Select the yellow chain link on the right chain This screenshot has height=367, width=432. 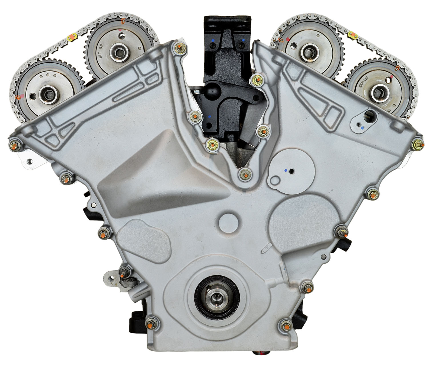[353, 35]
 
